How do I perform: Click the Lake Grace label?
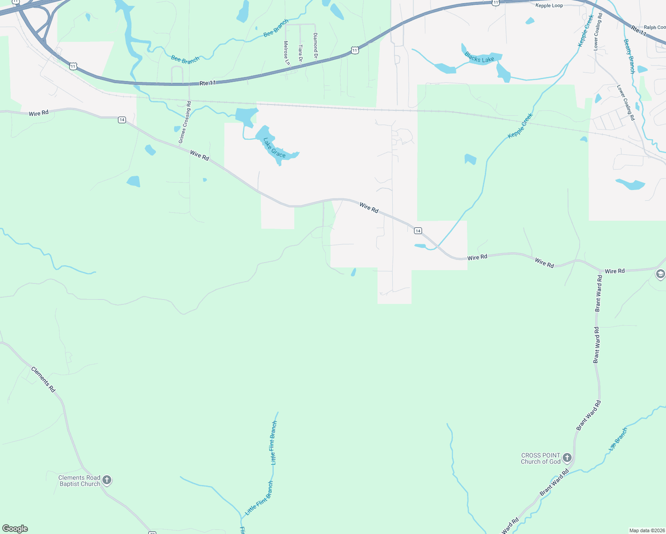tap(274, 148)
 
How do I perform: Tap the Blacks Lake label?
tap(479, 57)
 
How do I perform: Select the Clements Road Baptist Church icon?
tap(107, 480)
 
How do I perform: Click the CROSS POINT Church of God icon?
tap(567, 457)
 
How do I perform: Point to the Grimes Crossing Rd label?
tap(185, 122)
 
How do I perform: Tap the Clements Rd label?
tap(43, 379)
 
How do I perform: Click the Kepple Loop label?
tap(549, 6)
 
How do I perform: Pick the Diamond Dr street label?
tap(315, 46)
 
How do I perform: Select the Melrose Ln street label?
tap(286, 53)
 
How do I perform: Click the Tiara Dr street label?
tap(301, 53)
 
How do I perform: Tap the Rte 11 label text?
tap(207, 83)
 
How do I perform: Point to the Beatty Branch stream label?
tap(629, 56)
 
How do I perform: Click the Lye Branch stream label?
tap(618, 439)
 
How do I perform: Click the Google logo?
tap(15, 529)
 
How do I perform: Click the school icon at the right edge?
tap(661, 275)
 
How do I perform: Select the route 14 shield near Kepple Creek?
tap(418, 231)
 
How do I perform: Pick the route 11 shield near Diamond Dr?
tap(354, 50)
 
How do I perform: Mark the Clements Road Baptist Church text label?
tap(80, 481)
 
